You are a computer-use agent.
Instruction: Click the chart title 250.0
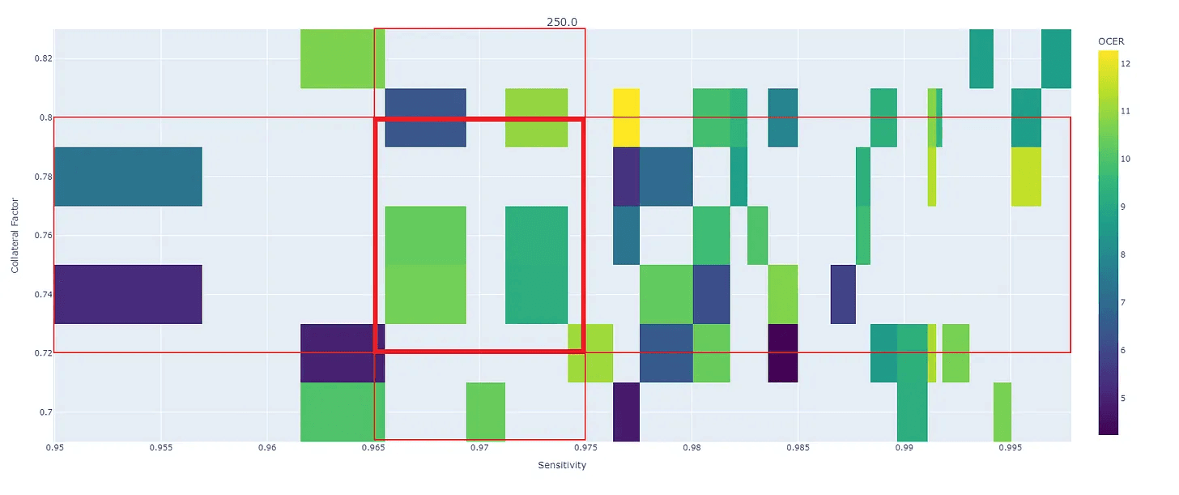click(x=561, y=22)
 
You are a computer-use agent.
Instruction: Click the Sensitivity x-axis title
click(x=561, y=465)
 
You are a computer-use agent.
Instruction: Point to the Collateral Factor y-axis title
click(x=15, y=235)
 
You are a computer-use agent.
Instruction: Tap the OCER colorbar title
click(x=1110, y=41)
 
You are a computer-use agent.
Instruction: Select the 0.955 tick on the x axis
click(x=161, y=447)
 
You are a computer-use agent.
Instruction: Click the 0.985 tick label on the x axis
click(x=798, y=447)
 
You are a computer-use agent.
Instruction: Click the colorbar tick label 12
click(x=1126, y=63)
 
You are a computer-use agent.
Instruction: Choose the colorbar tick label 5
click(x=1123, y=398)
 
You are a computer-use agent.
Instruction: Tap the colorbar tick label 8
click(x=1123, y=254)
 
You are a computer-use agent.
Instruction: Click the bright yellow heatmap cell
click(x=626, y=117)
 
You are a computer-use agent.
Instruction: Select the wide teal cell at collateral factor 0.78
click(x=127, y=177)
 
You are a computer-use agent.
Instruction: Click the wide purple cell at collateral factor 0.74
click(x=127, y=294)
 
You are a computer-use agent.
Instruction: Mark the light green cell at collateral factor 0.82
click(x=343, y=58)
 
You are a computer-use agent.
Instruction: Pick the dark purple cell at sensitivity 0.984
click(x=783, y=353)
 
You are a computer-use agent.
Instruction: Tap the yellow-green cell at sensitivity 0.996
click(x=1026, y=177)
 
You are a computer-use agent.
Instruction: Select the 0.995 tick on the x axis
click(x=1010, y=447)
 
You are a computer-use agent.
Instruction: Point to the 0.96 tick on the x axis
click(x=268, y=447)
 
